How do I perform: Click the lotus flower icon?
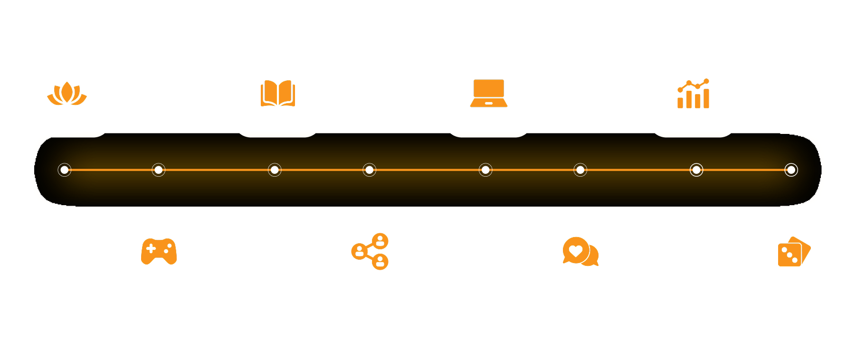pyautogui.click(x=67, y=93)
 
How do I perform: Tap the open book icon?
pyautogui.click(x=277, y=93)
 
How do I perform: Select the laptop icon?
pyautogui.click(x=488, y=93)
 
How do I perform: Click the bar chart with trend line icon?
pyautogui.click(x=693, y=94)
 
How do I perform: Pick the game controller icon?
pyautogui.click(x=159, y=251)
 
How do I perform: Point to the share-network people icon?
pyautogui.click(x=370, y=251)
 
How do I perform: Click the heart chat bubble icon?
pyautogui.click(x=580, y=251)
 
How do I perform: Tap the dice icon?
pyautogui.click(x=794, y=252)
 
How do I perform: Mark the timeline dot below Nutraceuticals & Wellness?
pyautogui.click(x=65, y=170)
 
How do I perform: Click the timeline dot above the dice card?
pyautogui.click(x=791, y=170)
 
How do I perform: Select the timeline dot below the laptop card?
pyautogui.click(x=485, y=170)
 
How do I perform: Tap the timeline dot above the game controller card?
pyautogui.click(x=159, y=170)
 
